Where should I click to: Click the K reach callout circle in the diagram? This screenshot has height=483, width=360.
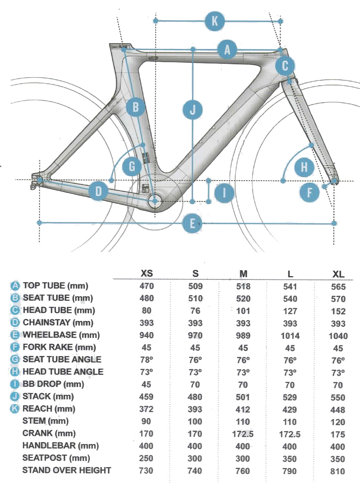[215, 21]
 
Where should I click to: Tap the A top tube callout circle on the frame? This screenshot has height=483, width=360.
[227, 49]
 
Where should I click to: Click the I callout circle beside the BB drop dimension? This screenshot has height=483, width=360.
[224, 192]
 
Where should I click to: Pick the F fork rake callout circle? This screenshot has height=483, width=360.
[309, 192]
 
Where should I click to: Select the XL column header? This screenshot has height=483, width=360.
[338, 274]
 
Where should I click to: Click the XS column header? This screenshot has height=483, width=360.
[147, 273]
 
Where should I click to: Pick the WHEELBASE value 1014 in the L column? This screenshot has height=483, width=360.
[290, 336]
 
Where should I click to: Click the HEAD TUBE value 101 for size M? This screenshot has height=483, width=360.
[243, 311]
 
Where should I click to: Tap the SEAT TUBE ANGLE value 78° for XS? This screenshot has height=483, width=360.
[146, 360]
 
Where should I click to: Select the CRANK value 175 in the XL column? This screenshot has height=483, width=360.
[338, 434]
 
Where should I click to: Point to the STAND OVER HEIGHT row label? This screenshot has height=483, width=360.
[66, 470]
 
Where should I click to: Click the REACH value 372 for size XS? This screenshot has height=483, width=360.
[146, 409]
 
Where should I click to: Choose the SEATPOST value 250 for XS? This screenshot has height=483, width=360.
[146, 458]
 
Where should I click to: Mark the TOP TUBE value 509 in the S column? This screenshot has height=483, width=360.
[195, 286]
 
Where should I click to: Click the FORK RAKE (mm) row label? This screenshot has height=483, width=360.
[59, 347]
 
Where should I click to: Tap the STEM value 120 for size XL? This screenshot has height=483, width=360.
[338, 422]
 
